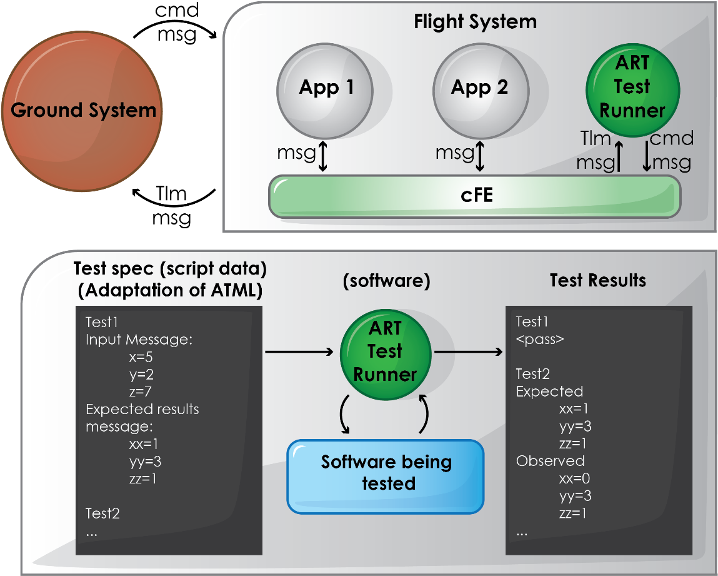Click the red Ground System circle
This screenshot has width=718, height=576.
84,110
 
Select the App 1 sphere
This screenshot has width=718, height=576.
326,88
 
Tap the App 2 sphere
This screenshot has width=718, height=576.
479,88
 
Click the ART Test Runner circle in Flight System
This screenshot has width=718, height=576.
632,88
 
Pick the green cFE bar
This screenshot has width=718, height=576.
475,196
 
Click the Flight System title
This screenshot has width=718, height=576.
475,23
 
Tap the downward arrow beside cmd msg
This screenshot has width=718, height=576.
647,156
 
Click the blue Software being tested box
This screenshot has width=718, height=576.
386,476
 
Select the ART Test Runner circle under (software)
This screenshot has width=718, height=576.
386,351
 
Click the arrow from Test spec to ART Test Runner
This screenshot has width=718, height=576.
299,352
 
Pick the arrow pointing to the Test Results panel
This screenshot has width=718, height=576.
469,352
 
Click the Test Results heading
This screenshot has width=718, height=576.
597,280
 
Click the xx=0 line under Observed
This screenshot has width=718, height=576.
575,478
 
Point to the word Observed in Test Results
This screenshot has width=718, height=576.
541,461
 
